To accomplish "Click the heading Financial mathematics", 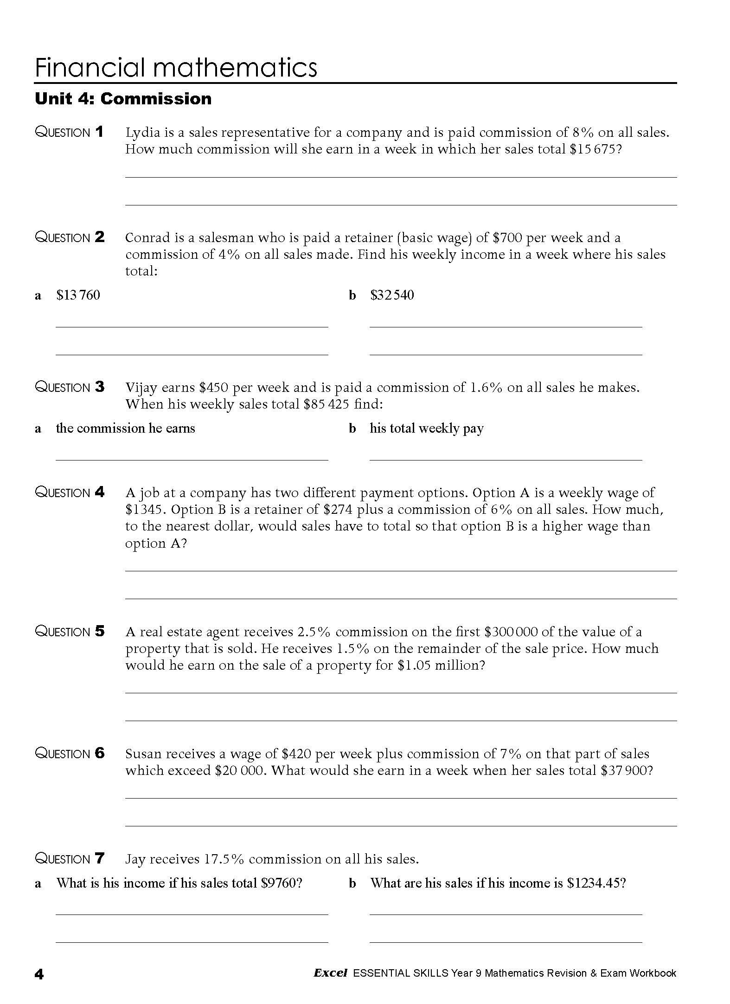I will click(x=176, y=68).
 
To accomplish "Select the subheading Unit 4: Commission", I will click(x=123, y=99).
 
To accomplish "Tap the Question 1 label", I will click(x=70, y=133).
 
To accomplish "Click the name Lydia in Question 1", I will click(x=143, y=133).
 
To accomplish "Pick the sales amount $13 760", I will click(x=78, y=295).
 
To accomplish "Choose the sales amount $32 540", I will click(x=392, y=295).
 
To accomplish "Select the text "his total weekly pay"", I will click(x=426, y=428).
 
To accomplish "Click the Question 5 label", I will click(x=70, y=632).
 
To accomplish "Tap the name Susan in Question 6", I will click(x=144, y=754).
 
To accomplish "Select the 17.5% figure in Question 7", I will click(x=224, y=859).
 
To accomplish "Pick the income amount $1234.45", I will click(x=596, y=883).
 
